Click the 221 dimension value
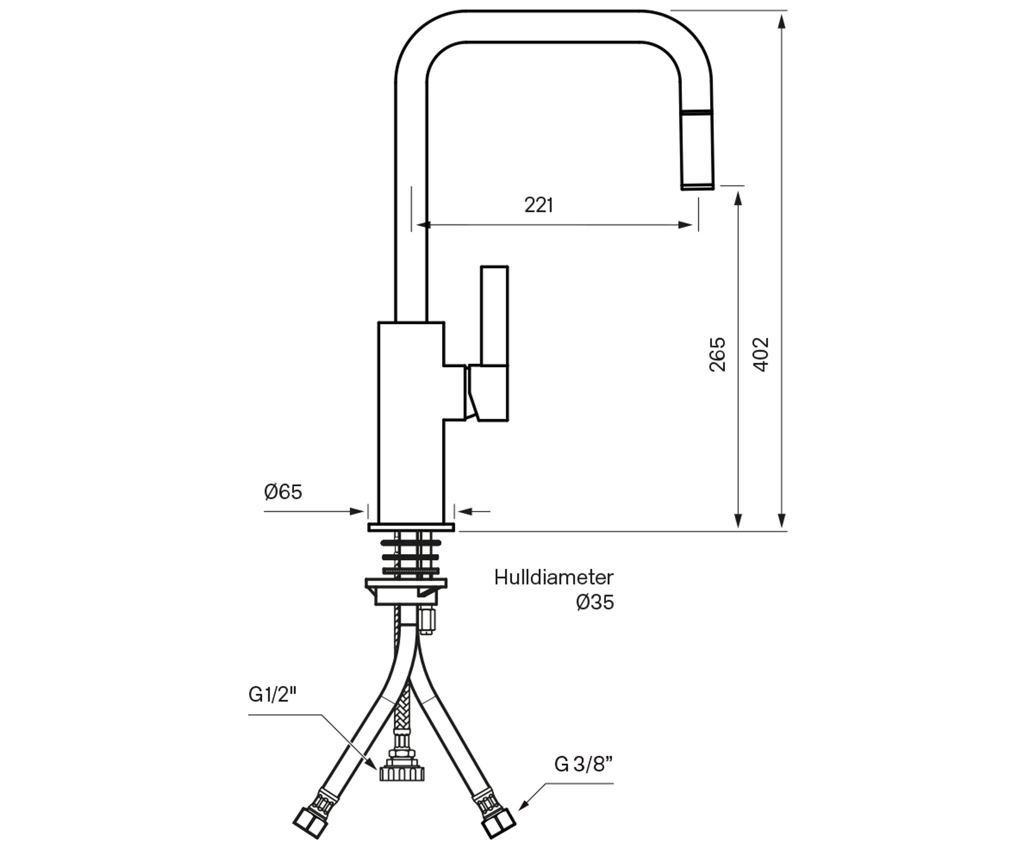pos(539,205)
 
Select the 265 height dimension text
pos(717,355)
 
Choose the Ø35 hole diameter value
pos(595,602)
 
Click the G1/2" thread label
pos(273,694)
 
